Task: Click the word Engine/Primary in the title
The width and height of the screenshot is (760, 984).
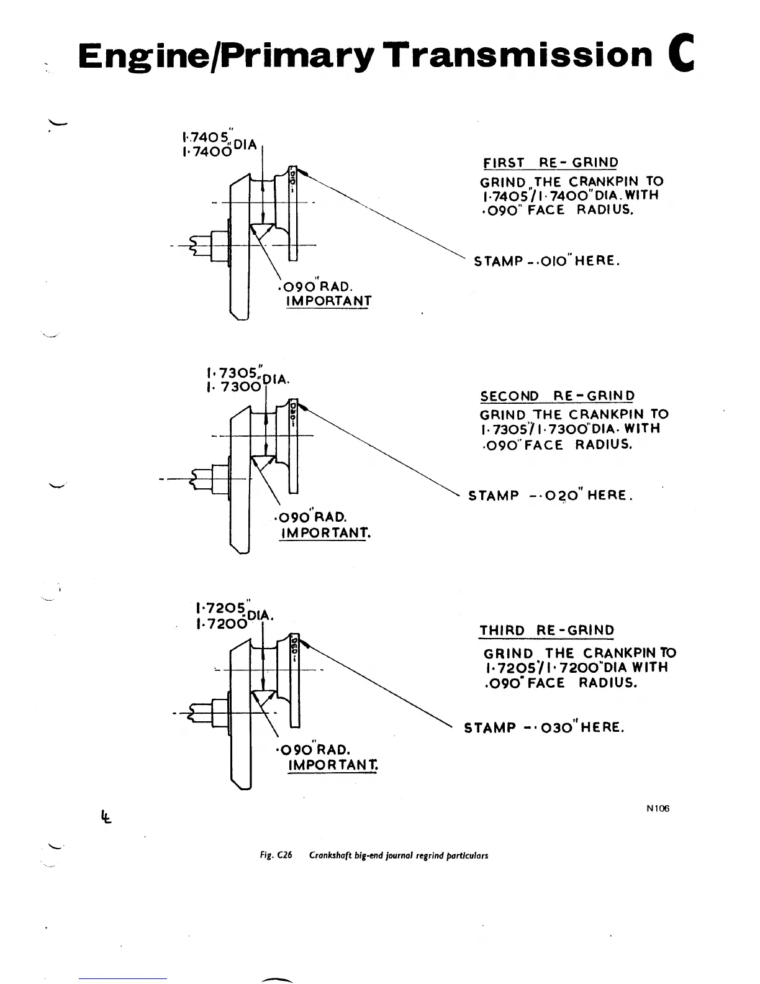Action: tap(227, 56)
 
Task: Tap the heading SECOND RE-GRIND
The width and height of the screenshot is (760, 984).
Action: tap(558, 396)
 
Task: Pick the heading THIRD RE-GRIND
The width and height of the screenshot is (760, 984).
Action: tap(546, 631)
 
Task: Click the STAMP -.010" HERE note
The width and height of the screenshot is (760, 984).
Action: tap(547, 261)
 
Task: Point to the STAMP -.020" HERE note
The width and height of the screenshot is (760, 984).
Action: tap(550, 496)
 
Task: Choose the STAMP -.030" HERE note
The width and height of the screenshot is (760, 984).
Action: tap(544, 727)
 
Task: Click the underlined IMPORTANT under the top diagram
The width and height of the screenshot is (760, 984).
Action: tap(328, 301)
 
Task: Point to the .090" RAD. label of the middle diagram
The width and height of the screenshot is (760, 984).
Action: tap(310, 517)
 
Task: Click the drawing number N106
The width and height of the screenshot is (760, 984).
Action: tap(658, 808)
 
